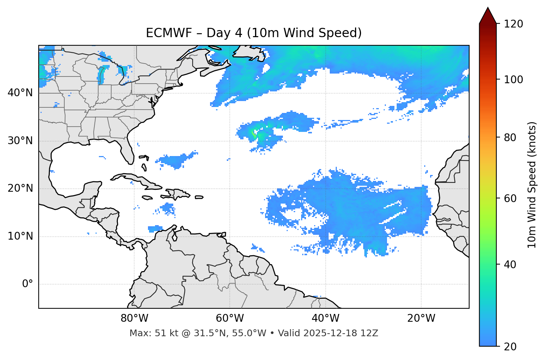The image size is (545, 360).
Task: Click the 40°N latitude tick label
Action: pyautogui.click(x=20, y=93)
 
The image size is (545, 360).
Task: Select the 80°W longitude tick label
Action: pyautogui.click(x=134, y=318)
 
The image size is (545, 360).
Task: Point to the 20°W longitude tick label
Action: pyautogui.click(x=421, y=318)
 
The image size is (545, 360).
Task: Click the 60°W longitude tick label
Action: pyautogui.click(x=229, y=318)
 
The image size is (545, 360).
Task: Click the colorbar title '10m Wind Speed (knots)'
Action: pyautogui.click(x=532, y=185)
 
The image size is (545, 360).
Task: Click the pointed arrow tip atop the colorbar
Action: pyautogui.click(x=488, y=9)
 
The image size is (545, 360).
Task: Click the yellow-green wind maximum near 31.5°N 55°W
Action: pyautogui.click(x=254, y=132)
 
